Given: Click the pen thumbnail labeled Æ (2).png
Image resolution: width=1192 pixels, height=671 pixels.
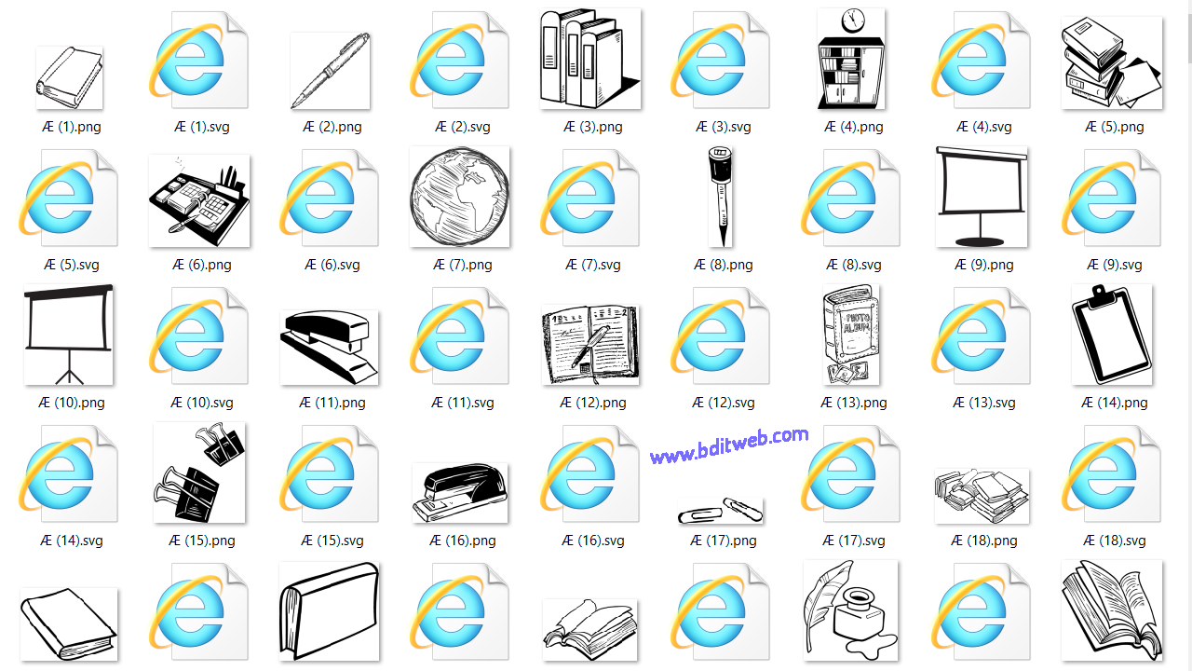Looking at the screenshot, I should (331, 71).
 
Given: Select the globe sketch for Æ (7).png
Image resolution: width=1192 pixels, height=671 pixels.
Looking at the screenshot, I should (460, 197).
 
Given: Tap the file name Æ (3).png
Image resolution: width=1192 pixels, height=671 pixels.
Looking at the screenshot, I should (593, 127).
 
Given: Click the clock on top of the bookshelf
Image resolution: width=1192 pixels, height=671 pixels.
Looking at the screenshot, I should (851, 21).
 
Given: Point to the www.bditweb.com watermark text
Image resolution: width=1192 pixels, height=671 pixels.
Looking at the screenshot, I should (729, 445).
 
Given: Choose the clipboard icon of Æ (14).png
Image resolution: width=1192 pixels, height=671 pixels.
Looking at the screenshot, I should (1112, 335).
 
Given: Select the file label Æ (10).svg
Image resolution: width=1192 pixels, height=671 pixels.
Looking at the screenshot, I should (202, 403).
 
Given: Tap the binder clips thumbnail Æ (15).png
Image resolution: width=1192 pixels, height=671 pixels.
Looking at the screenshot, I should (199, 472).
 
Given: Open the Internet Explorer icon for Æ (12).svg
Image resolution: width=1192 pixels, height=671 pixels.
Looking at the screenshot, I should (713, 336).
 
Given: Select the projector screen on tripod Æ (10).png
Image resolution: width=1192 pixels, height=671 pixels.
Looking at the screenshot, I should (69, 335).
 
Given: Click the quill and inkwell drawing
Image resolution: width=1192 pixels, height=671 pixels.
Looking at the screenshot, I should (851, 609).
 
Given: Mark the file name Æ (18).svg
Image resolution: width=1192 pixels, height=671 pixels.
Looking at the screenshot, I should (1115, 541).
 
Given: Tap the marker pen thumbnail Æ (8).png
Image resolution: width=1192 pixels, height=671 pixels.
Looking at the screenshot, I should (718, 197).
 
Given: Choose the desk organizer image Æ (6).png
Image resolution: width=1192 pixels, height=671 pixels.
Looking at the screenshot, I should (199, 199).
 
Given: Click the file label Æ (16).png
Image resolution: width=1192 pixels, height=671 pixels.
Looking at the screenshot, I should (463, 541).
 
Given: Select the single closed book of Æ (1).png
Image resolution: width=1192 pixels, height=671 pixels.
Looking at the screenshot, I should (69, 76).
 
